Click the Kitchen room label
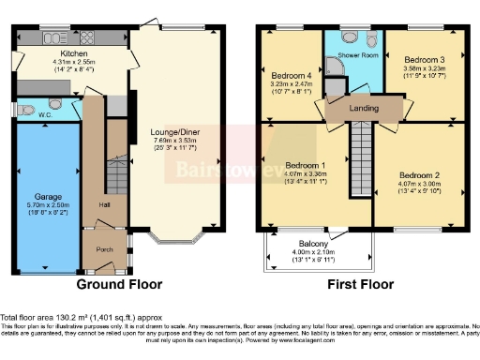[49, 54]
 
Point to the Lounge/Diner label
[179, 134]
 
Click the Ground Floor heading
[119, 284]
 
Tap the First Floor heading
[360, 284]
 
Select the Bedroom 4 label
[290, 75]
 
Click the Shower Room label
[356, 55]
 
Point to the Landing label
[364, 108]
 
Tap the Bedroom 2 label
[418, 175]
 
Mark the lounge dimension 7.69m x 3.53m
[179, 143]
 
